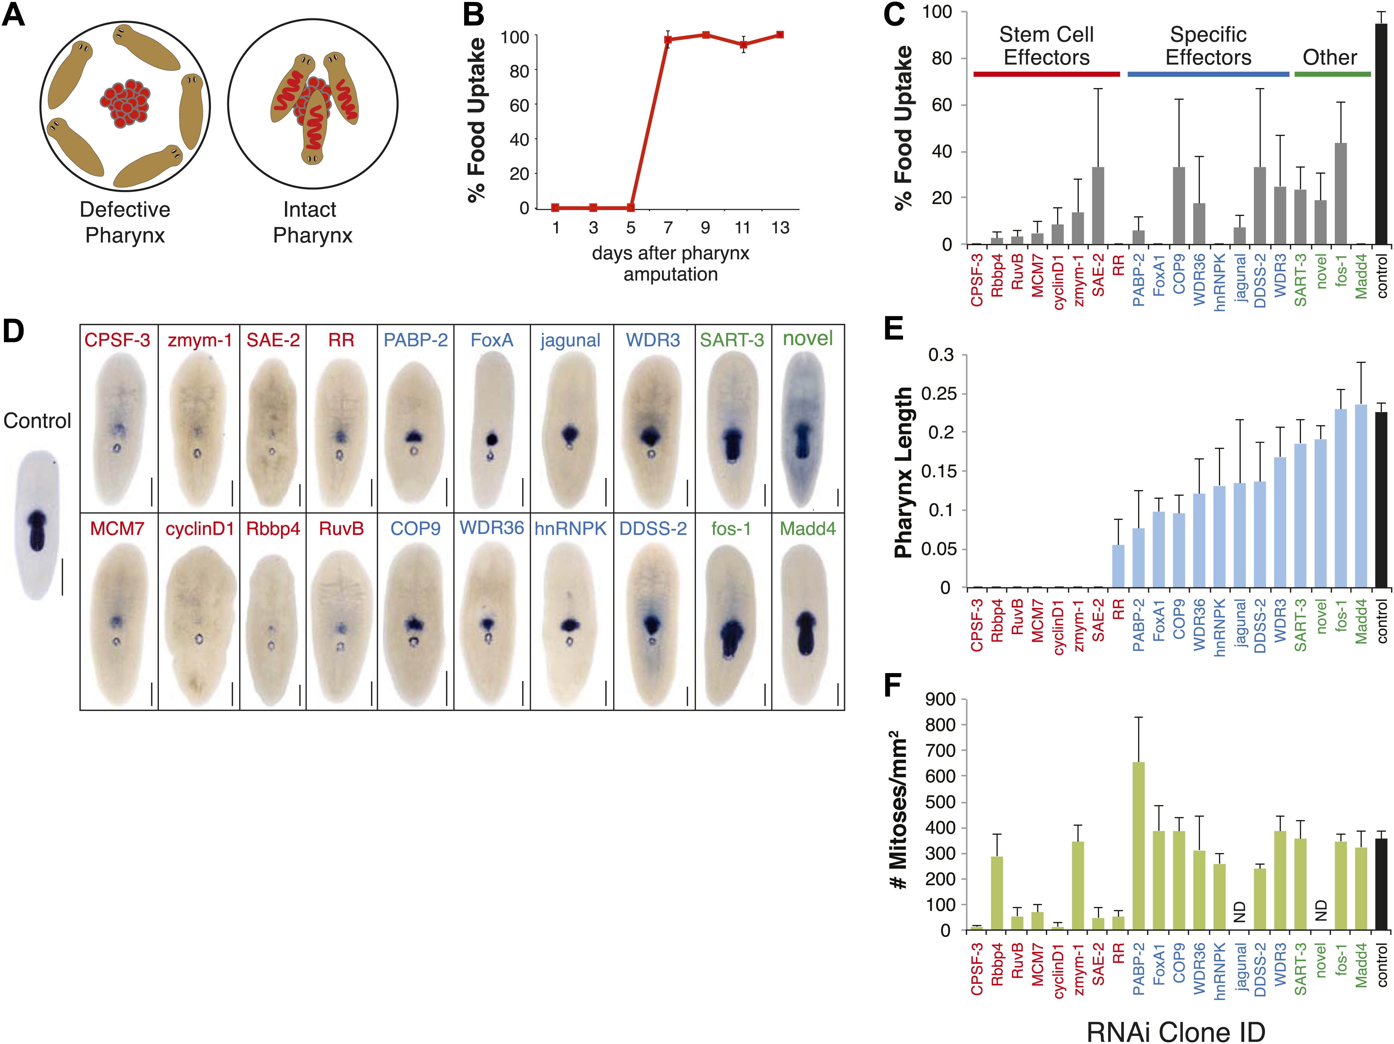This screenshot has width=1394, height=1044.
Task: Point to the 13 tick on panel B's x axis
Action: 780,228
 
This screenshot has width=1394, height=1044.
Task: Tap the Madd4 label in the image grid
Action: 808,529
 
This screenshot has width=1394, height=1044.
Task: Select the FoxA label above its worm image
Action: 492,340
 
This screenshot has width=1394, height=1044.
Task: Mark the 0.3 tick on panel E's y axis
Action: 941,355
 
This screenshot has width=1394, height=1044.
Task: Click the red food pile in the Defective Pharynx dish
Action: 126,104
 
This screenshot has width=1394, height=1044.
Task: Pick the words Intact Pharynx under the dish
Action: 312,222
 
